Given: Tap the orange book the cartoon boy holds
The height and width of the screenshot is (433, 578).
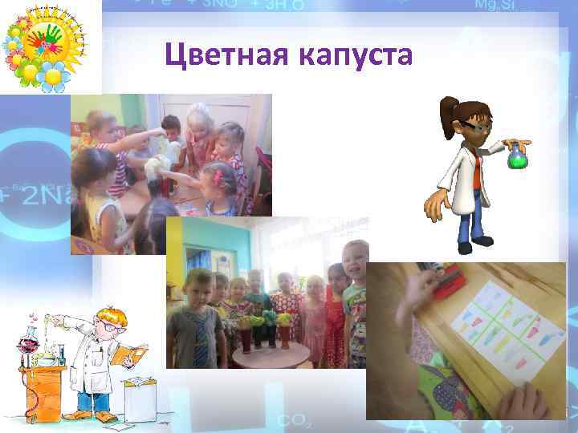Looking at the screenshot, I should point(129,354).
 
